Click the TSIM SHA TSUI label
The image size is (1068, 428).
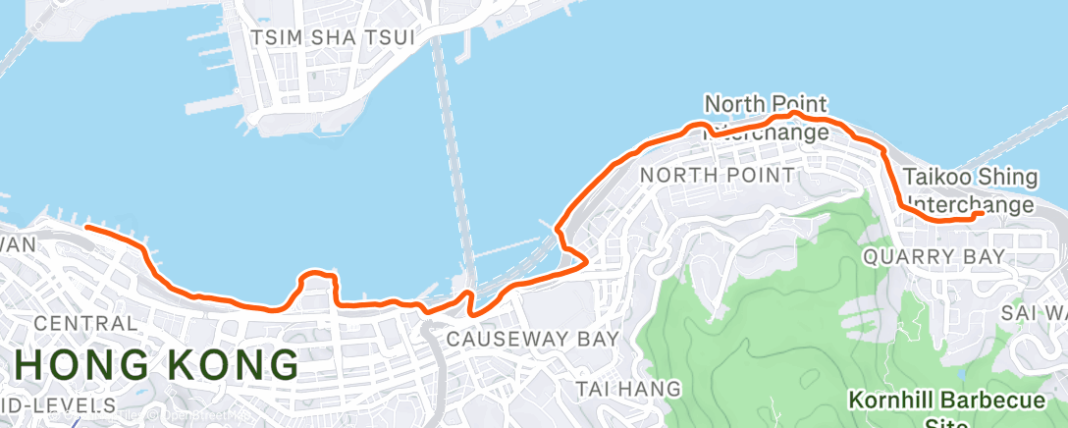[x=332, y=37]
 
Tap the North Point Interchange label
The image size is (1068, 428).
[x=767, y=117]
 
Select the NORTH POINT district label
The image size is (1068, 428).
[x=717, y=175]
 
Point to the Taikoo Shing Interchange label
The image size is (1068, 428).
[x=970, y=190]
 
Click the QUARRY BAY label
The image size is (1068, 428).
[x=934, y=256]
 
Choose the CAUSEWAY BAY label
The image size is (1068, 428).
[x=533, y=339]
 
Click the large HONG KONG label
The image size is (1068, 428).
[x=158, y=365]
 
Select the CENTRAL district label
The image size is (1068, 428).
[x=85, y=323]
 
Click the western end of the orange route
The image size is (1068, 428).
[x=87, y=227]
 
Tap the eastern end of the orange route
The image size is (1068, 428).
[x=983, y=213]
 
